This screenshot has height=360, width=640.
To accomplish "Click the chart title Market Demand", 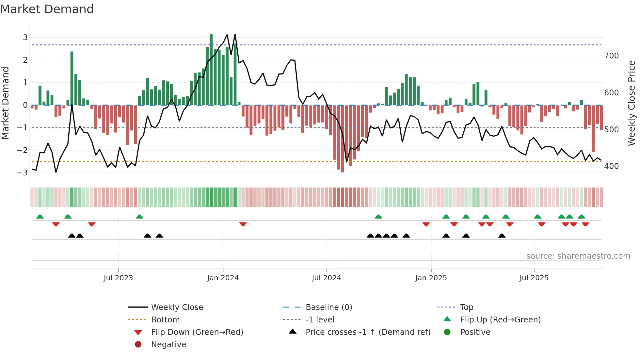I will [x=47, y=9].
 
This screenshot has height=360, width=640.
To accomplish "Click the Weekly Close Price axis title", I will [x=632, y=103].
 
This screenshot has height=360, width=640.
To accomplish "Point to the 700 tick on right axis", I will [x=611, y=56].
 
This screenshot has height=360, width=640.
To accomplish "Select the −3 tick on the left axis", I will [x=22, y=172].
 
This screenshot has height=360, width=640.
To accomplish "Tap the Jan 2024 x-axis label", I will [x=223, y=278].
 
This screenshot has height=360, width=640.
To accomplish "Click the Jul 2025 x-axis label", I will [x=534, y=278].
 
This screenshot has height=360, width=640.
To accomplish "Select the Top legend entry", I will [x=466, y=307].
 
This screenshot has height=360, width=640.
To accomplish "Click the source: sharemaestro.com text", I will [x=578, y=256].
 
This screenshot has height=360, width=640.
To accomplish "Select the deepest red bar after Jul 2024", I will [x=343, y=139].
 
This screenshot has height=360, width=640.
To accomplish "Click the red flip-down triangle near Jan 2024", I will [x=243, y=224].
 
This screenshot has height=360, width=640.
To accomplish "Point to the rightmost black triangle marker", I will [x=502, y=236].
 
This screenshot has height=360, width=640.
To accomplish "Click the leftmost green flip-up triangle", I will [x=40, y=217].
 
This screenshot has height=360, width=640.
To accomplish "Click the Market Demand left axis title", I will [x=5, y=103].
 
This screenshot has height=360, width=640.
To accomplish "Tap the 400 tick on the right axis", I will [x=611, y=166].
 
